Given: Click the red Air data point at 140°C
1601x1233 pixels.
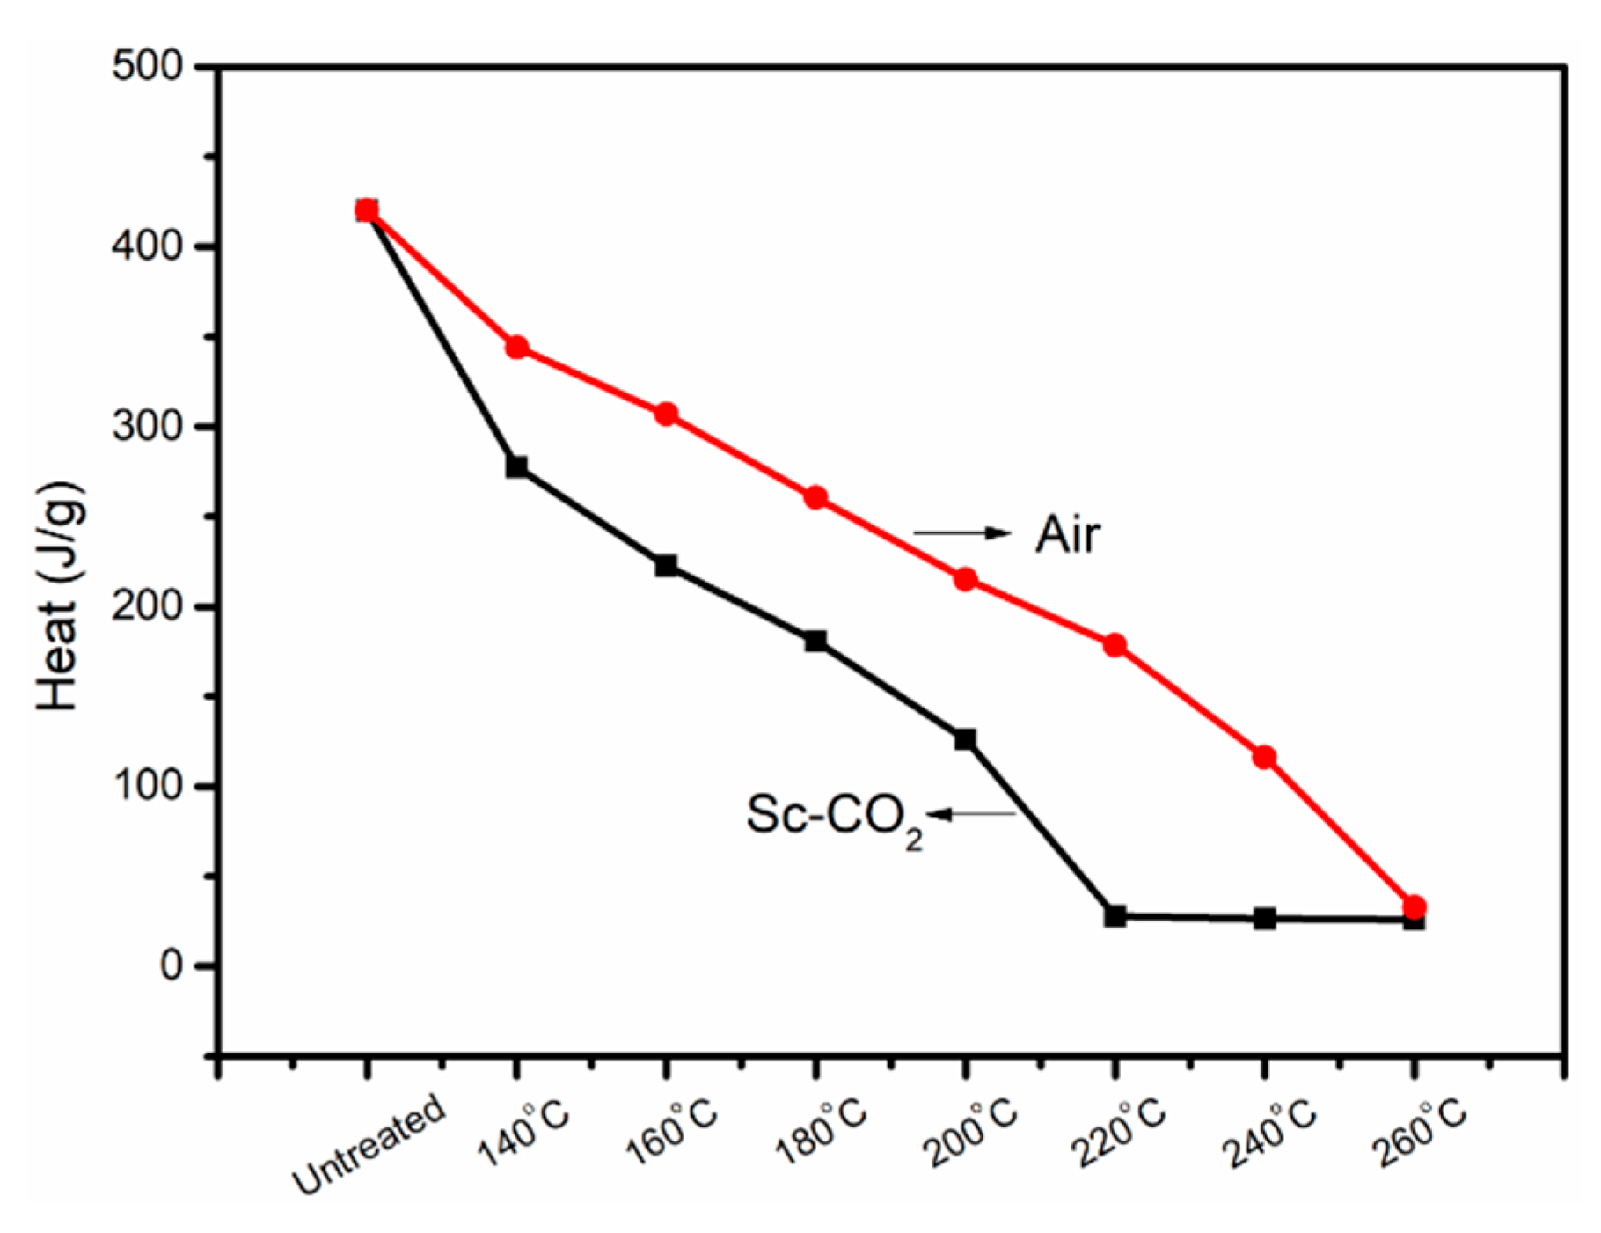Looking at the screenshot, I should click(517, 348).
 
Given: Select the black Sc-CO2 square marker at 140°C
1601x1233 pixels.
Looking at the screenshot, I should click(517, 466).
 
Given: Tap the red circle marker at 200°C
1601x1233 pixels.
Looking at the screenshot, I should click(965, 579).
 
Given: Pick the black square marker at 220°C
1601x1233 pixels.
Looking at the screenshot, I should click(1115, 916).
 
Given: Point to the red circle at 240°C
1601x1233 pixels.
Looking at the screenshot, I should click(1264, 757).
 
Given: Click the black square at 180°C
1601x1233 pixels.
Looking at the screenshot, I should click(815, 641).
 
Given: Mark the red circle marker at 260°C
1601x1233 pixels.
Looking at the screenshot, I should click(1415, 906).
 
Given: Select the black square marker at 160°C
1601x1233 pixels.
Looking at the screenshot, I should click(666, 565).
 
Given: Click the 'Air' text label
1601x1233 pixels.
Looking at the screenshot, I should click(1067, 534).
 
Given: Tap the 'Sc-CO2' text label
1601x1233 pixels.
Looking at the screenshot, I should click(833, 817).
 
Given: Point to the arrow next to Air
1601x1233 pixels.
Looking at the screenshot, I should click(962, 532).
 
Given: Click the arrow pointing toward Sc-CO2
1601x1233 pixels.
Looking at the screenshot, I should click(971, 815).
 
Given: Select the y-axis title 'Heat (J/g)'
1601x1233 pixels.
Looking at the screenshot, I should click(60, 596).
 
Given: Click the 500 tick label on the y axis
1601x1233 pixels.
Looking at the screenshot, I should click(147, 67).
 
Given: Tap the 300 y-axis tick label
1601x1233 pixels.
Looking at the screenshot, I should click(147, 427).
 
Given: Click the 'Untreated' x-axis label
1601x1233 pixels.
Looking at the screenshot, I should click(369, 1144).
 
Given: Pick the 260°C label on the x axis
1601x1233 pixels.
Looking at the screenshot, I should click(1421, 1135).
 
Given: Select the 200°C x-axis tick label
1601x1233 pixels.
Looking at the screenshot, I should click(972, 1135).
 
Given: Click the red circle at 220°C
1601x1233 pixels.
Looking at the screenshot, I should click(1115, 645).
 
